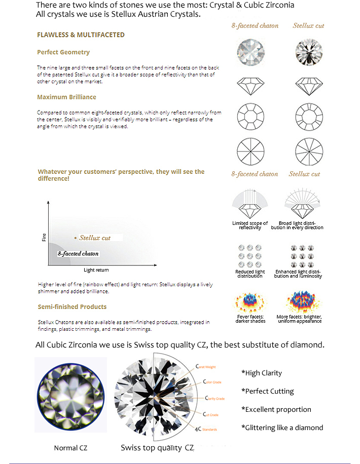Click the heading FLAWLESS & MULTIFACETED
[x=81, y=35]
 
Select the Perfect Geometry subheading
[x=63, y=52]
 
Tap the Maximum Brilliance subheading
[x=66, y=97]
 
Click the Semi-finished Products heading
[x=72, y=306]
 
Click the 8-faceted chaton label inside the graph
[x=78, y=253]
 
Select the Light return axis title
[x=96, y=270]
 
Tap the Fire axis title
[x=44, y=236]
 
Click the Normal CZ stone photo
[x=70, y=395]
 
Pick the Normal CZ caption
[x=70, y=448]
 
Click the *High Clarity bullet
[x=262, y=373]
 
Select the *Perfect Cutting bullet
[x=268, y=391]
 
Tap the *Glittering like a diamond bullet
[x=282, y=428]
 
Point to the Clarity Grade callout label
[x=214, y=399]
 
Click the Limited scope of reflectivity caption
[x=250, y=225]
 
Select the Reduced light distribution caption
[x=250, y=274]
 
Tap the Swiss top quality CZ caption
[x=157, y=448]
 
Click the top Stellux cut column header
[x=308, y=25]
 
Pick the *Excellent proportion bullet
[x=276, y=409]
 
